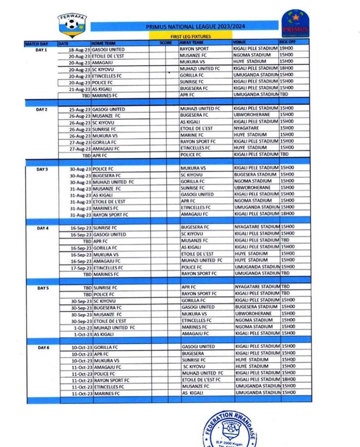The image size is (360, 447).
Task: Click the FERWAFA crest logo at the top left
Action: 72,25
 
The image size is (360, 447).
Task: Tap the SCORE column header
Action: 165,43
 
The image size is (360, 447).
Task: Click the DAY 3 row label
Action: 42,169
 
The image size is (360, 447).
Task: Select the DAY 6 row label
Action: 42,347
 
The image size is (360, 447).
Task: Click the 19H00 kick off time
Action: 287,48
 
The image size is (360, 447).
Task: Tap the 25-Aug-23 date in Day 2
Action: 79,109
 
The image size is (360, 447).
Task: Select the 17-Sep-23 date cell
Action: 79,267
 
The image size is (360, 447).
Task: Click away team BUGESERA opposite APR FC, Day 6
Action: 191,353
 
